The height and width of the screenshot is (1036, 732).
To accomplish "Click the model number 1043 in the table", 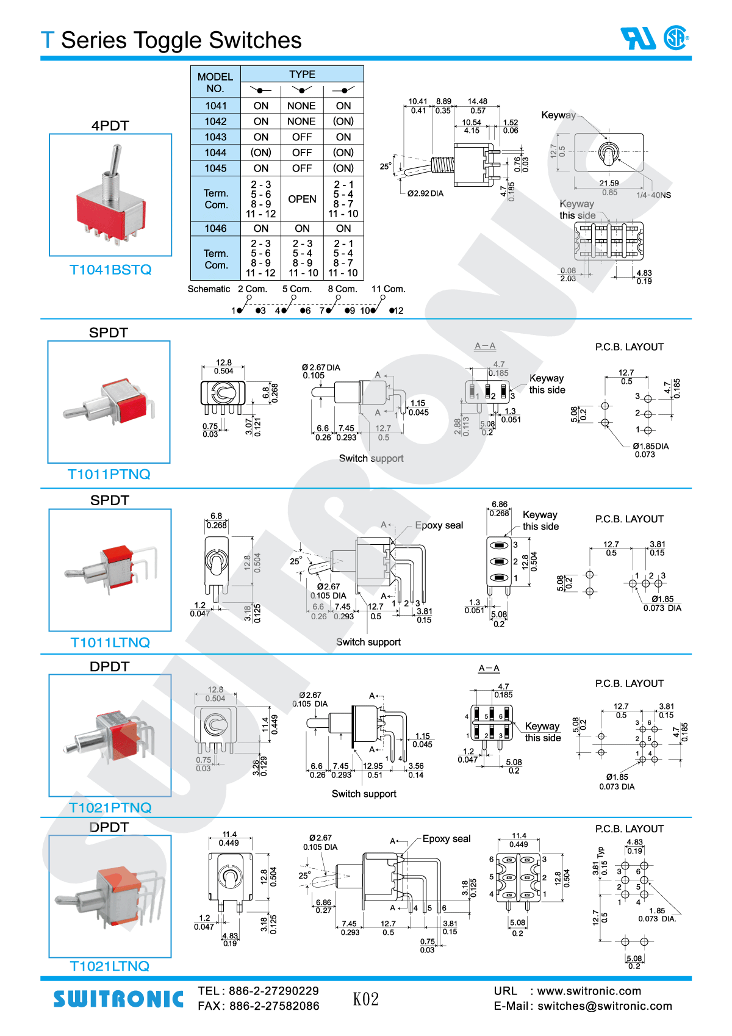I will tap(215, 137).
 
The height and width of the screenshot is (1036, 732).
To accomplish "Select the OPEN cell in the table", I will tap(302, 200).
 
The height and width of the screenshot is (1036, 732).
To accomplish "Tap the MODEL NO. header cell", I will tap(215, 82).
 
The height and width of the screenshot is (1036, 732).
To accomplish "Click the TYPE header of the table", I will tap(302, 74).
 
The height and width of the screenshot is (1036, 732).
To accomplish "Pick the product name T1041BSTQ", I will tap(110, 270).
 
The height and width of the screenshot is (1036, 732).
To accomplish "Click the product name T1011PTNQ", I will tap(109, 474).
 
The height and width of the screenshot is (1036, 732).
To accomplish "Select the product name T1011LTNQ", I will tap(110, 642).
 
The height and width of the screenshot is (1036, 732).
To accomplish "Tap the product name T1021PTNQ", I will tap(110, 808).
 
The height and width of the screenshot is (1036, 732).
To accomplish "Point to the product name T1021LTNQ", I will tap(110, 966).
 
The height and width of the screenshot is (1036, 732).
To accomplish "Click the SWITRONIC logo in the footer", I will tap(118, 999).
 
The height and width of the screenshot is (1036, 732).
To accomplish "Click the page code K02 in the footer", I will tap(366, 999).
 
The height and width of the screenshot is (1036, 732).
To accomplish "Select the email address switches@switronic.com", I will tap(605, 1006).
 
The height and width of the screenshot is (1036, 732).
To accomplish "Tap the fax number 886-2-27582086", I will tap(274, 1006).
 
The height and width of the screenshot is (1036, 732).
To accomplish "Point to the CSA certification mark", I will tap(676, 38).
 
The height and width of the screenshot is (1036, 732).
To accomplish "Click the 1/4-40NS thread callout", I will tap(653, 195).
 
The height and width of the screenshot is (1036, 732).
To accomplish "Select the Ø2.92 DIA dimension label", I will tap(425, 193).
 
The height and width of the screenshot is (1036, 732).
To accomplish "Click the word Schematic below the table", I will tap(209, 289).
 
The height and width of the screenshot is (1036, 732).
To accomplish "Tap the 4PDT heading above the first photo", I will tap(110, 126).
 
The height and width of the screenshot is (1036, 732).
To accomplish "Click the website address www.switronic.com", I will tap(589, 991).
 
